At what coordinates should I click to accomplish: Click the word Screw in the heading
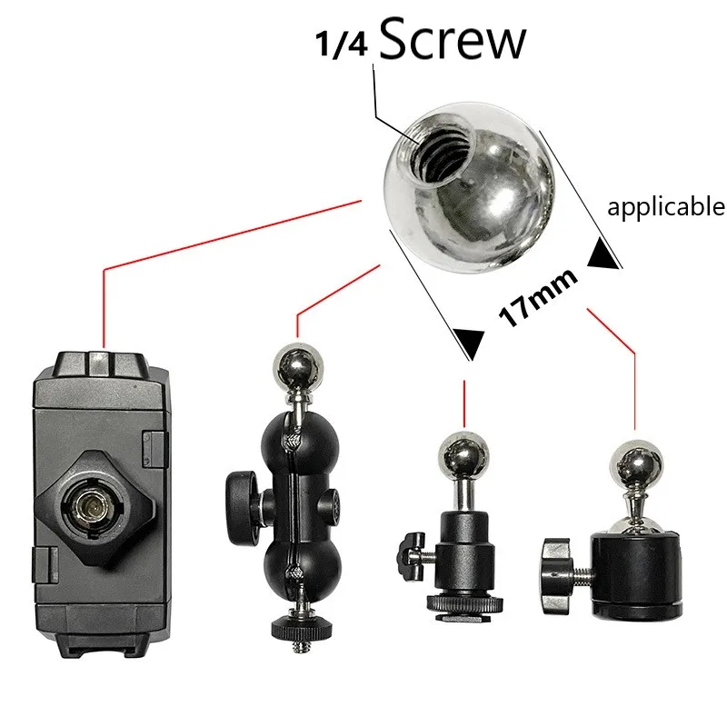click(x=452, y=41)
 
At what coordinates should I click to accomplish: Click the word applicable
click(x=666, y=207)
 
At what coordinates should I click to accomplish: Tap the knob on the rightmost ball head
click(x=555, y=563)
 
